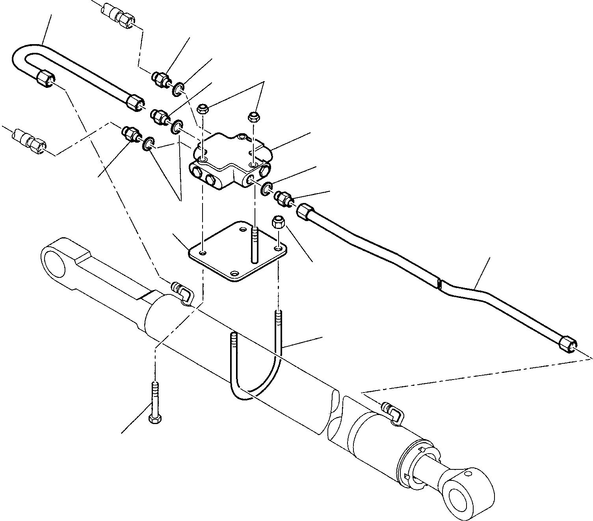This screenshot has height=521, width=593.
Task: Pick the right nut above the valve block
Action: tap(253, 116)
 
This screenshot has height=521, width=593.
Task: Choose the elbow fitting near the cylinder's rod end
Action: tap(392, 412)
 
